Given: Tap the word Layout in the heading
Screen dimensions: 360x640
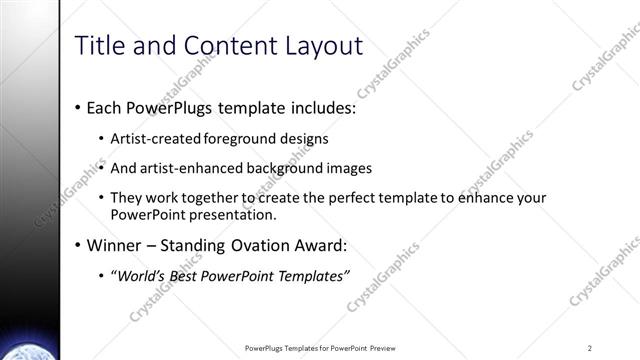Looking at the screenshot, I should (322, 45).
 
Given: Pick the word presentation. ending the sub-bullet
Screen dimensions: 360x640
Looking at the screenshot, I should (237, 214).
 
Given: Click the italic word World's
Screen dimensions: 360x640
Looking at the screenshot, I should (140, 276).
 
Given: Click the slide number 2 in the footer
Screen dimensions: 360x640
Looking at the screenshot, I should (590, 348).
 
